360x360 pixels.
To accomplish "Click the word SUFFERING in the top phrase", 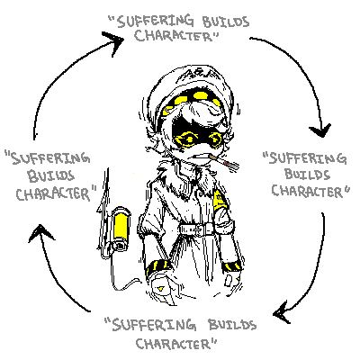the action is [x=155, y=22].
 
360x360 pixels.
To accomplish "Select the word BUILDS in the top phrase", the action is [x=226, y=22].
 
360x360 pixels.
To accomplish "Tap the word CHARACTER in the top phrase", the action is [x=173, y=36].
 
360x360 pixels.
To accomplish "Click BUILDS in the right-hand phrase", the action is [x=307, y=174].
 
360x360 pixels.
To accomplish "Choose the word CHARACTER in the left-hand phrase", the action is [x=53, y=193].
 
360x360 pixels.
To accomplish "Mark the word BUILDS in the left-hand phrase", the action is [x=51, y=175].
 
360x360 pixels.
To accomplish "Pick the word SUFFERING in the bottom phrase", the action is [x=154, y=325].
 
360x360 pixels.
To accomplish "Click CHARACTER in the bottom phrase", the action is [x=173, y=344].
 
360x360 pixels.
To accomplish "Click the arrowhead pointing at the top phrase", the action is [x=115, y=41].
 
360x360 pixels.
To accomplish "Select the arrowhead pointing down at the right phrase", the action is [x=320, y=130].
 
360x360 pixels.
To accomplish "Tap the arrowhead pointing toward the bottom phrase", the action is [x=282, y=312].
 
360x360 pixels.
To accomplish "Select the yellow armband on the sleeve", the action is [x=220, y=199].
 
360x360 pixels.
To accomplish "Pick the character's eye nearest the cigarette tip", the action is [x=215, y=139].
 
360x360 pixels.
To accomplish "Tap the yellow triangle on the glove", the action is [x=161, y=288].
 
